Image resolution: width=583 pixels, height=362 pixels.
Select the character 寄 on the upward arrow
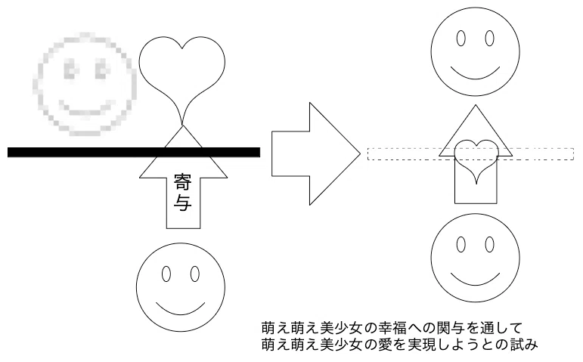point(182,182)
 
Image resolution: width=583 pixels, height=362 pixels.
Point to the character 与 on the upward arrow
point(182,203)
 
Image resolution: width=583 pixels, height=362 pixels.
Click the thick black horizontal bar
point(134,152)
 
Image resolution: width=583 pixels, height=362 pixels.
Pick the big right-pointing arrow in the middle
point(316,153)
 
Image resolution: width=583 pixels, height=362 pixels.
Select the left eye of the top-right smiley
point(461,39)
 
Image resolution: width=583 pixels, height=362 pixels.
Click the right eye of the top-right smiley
point(490,39)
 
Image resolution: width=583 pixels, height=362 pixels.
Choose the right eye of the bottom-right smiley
point(490,245)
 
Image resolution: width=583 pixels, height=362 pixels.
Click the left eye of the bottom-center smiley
point(166,274)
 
